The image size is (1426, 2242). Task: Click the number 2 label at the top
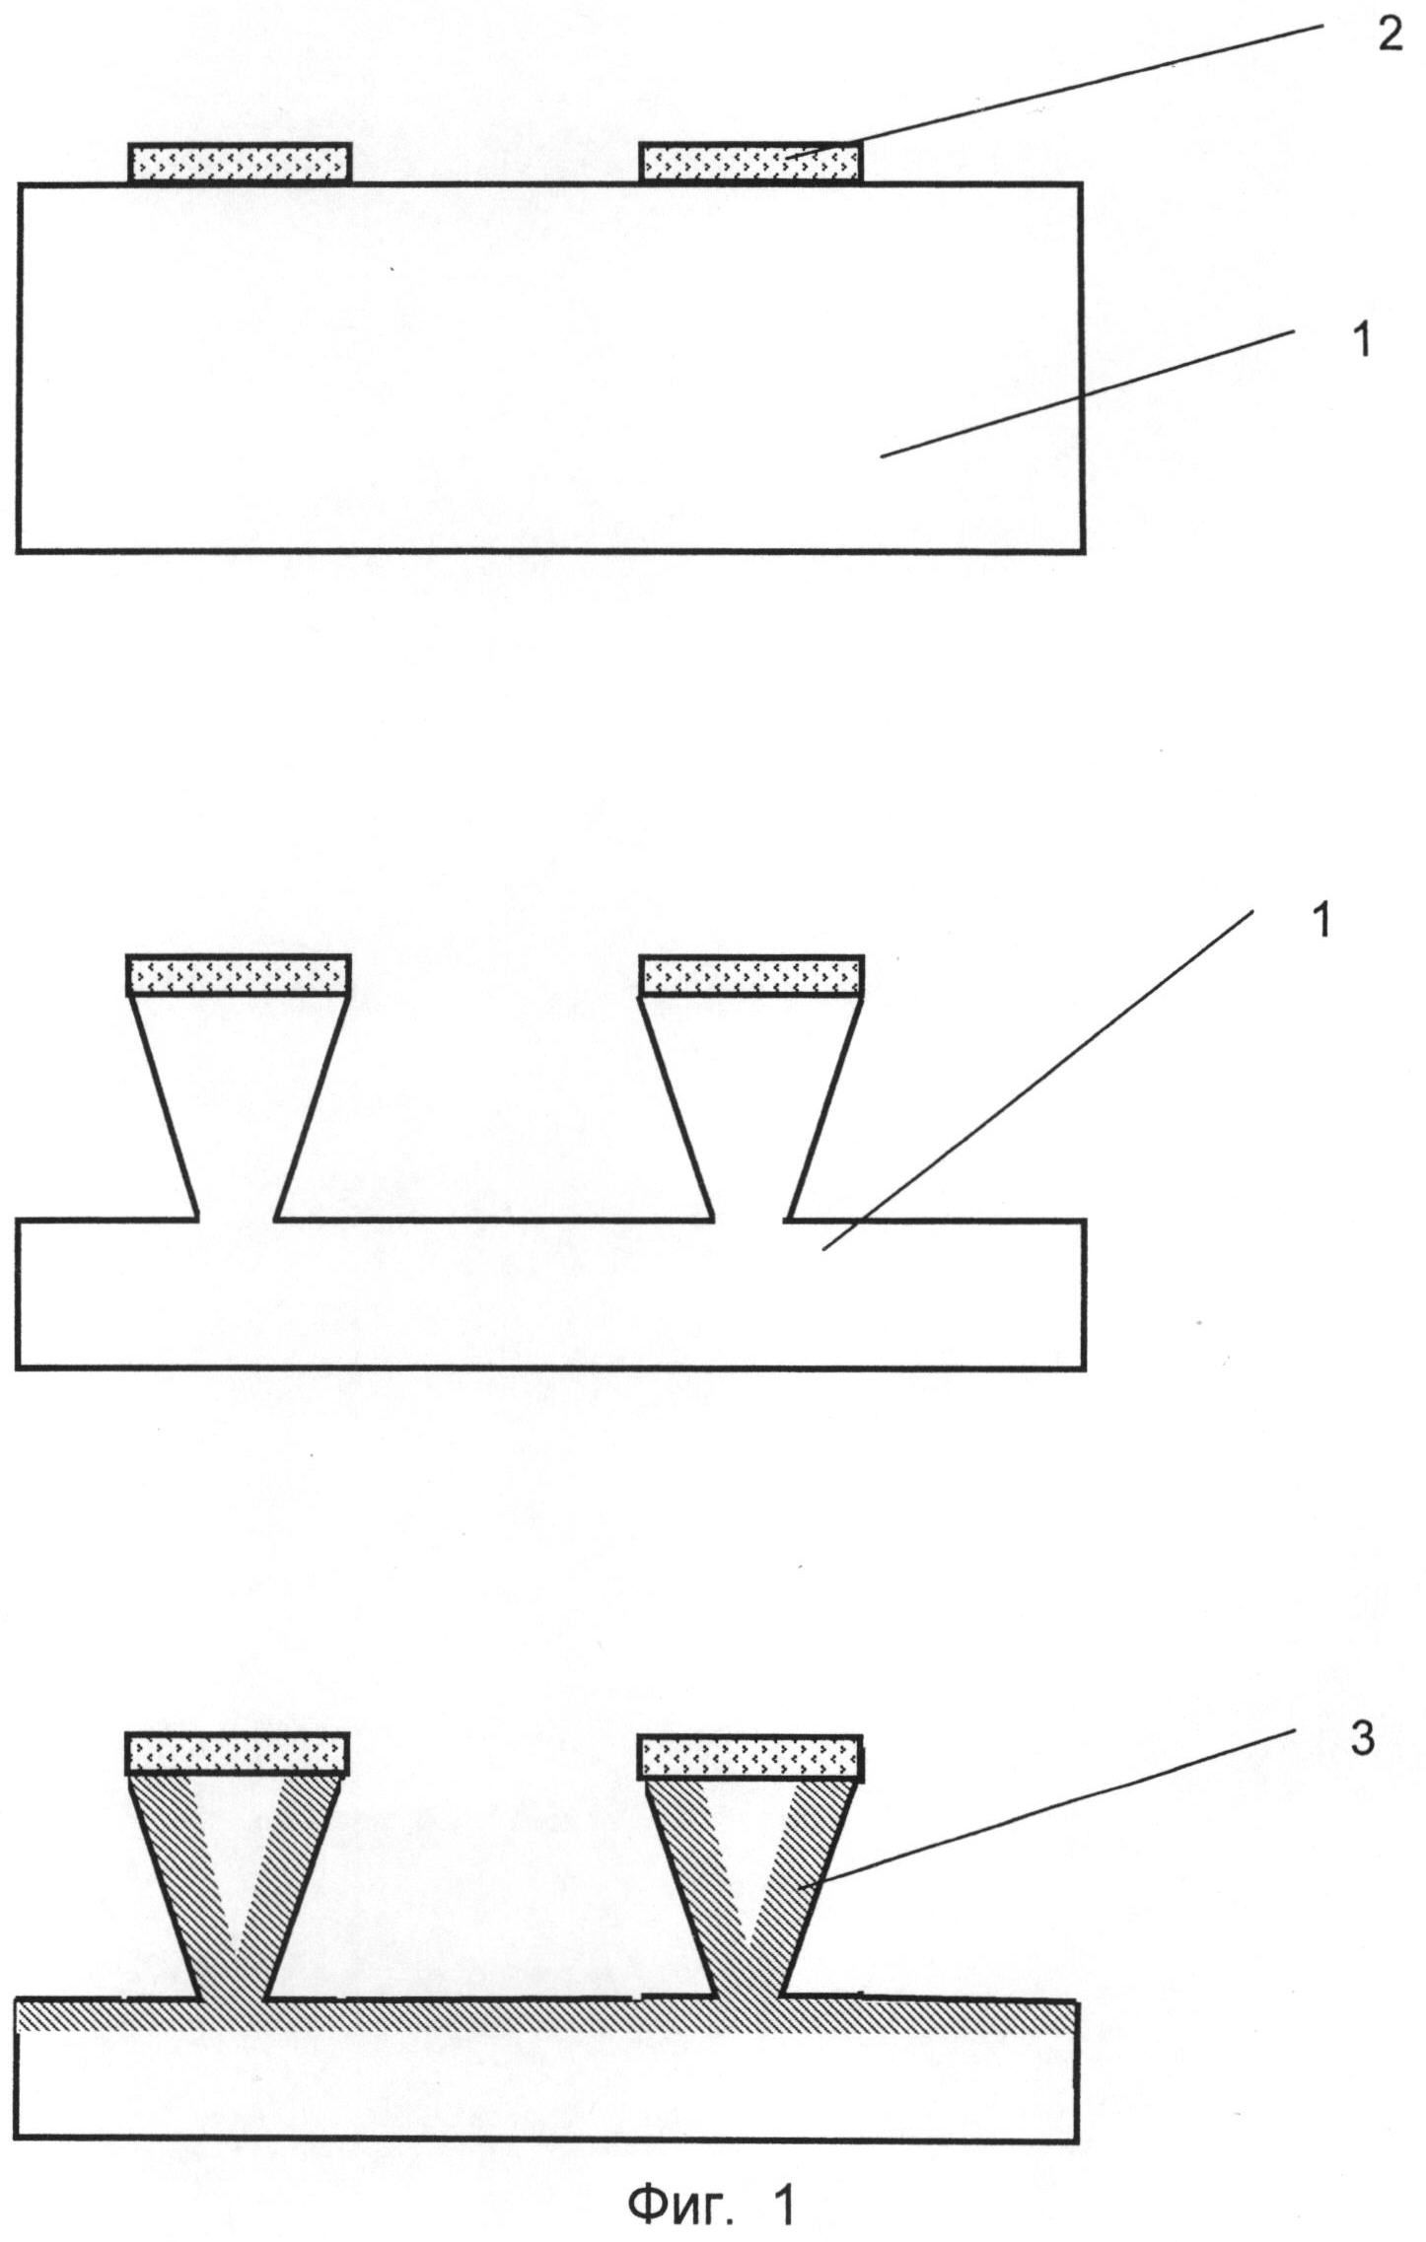point(1390,36)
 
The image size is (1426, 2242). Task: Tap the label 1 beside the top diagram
point(1361,341)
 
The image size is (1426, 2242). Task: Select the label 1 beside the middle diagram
point(1322,921)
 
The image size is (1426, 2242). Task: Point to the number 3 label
point(1362,1740)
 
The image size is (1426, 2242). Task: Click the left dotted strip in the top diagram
point(240,163)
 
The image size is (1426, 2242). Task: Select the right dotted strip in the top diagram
point(750,163)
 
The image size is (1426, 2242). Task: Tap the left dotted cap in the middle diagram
point(239,976)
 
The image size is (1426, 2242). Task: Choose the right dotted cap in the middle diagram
point(751,976)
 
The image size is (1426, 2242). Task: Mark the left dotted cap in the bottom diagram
point(239,1755)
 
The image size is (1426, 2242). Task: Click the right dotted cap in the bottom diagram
point(750,1756)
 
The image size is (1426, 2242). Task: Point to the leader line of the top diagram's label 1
point(1085,394)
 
